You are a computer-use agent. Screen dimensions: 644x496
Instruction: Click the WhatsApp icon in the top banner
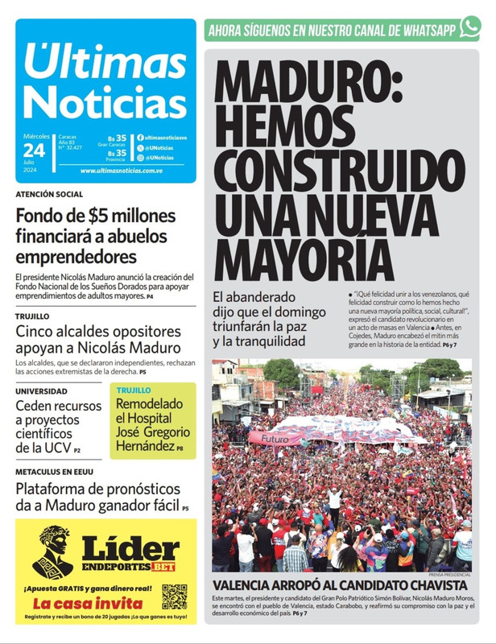pyautogui.click(x=469, y=29)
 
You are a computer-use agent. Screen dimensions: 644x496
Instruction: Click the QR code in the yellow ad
pyautogui.click(x=174, y=597)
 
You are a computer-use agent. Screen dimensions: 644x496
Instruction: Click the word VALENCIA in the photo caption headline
pyautogui.click(x=247, y=585)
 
